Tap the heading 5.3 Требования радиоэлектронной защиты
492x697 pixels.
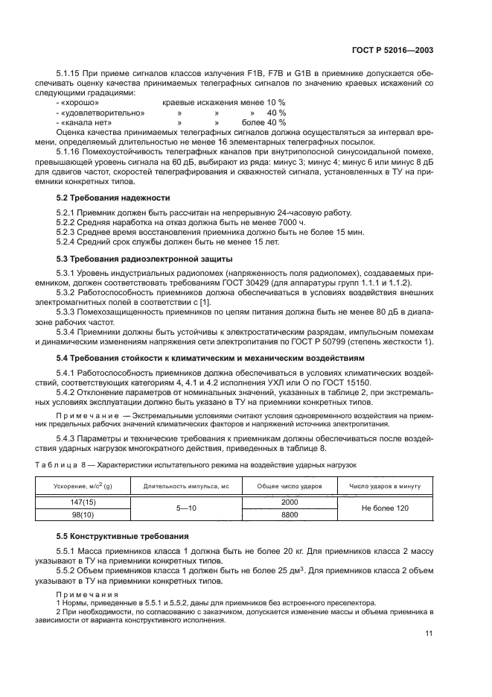tap(145, 259)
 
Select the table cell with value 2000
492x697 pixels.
tap(289, 502)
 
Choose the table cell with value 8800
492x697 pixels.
tap(289, 514)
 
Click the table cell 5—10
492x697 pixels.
tap(185, 508)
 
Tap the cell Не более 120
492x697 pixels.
tap(384, 508)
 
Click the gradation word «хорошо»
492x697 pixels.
tap(77, 102)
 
